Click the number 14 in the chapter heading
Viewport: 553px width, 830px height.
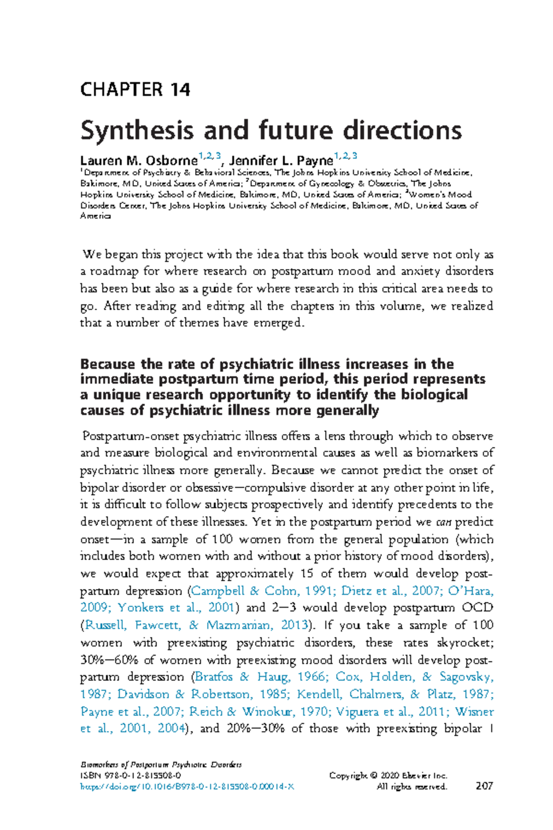click(180, 89)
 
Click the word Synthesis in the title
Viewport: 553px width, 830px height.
click(136, 130)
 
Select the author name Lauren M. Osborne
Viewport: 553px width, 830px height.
click(139, 161)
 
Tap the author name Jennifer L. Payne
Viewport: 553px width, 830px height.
click(281, 161)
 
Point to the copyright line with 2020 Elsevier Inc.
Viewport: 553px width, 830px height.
click(388, 776)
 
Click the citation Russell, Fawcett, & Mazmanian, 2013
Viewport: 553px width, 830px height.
click(196, 625)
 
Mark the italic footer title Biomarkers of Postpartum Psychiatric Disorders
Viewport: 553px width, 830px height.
click(161, 765)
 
